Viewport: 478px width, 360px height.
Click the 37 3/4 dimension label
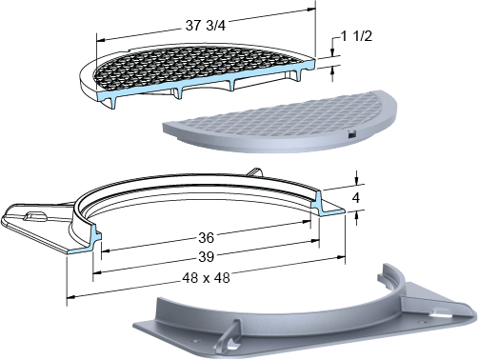(206, 26)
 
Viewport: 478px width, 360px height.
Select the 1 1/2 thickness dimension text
(356, 36)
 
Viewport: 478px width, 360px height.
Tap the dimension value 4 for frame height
(356, 198)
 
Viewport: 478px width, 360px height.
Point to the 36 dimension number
(207, 237)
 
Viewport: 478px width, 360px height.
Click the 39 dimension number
(207, 256)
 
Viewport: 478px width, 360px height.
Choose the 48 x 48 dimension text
(206, 278)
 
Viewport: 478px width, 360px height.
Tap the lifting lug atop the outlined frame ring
(254, 172)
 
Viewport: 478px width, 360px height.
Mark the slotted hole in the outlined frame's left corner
(35, 216)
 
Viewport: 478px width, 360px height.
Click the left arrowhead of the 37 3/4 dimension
(101, 41)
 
